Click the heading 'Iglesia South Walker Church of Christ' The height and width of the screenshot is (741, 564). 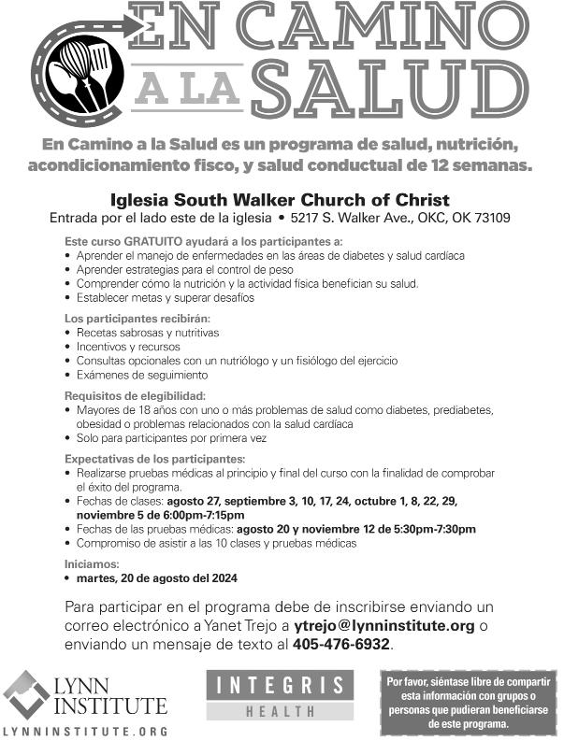click(x=280, y=200)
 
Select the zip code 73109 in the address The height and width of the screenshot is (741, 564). click(x=488, y=219)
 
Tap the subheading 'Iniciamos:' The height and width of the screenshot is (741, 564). click(x=92, y=564)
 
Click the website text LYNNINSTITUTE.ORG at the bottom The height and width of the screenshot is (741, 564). click(x=85, y=730)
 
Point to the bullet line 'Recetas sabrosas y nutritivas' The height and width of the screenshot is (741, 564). click(x=147, y=333)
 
